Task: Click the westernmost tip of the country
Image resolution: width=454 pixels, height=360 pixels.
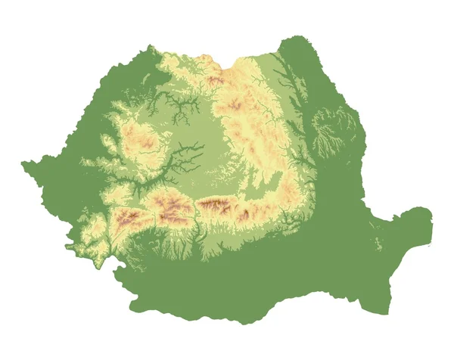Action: point(22,162)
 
